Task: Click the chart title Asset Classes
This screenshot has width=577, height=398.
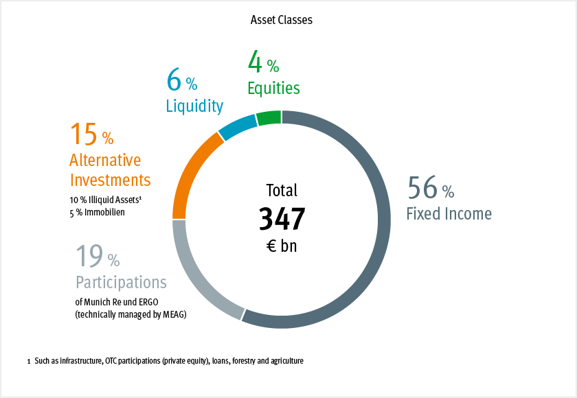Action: pyautogui.click(x=282, y=20)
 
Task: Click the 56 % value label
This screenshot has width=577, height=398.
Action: pyautogui.click(x=430, y=188)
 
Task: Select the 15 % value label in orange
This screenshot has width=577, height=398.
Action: pyautogui.click(x=91, y=135)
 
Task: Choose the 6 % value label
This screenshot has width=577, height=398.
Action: pyautogui.click(x=181, y=82)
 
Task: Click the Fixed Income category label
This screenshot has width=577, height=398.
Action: pyautogui.click(x=449, y=214)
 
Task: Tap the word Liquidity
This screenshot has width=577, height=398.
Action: pyautogui.click(x=194, y=106)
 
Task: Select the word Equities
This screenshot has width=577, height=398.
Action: pyautogui.click(x=274, y=89)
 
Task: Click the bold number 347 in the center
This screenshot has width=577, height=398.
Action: pyautogui.click(x=282, y=219)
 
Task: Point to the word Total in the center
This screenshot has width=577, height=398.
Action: pyautogui.click(x=282, y=191)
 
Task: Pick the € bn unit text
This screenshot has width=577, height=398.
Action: pyautogui.click(x=282, y=246)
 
